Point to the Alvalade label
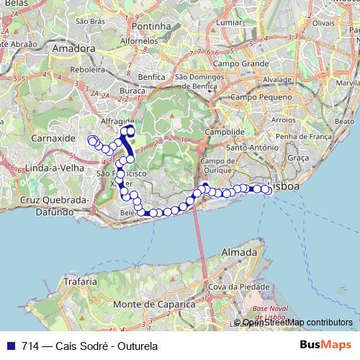(276, 80)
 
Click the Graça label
(297, 157)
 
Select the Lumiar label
(229, 22)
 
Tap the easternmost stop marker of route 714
(268, 189)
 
